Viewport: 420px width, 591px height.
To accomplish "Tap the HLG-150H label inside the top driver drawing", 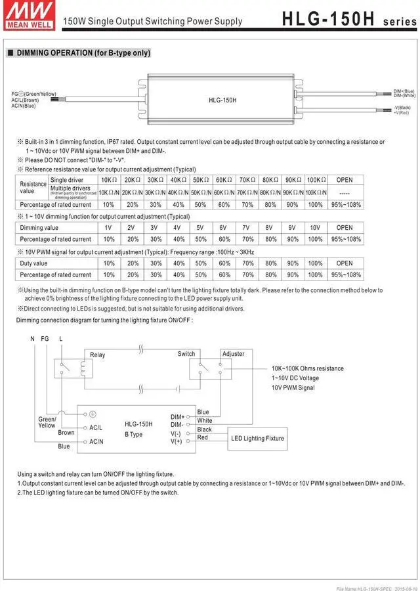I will pyautogui.click(x=222, y=100).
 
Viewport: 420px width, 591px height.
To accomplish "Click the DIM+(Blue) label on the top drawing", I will pyautogui.click(x=404, y=91).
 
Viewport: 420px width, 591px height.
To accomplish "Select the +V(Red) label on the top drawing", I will pyautogui.click(x=402, y=113).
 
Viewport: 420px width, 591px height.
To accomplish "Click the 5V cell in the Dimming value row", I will pyautogui.click(x=201, y=228).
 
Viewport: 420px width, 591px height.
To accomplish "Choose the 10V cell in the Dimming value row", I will pyautogui.click(x=315, y=228).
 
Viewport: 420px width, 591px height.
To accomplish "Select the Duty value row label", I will pyautogui.click(x=34, y=263).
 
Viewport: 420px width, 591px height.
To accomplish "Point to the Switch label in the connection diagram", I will pyautogui.click(x=186, y=354).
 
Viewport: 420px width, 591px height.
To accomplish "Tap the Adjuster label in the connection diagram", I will pyautogui.click(x=234, y=354).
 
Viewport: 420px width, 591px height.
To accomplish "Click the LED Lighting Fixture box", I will pyautogui.click(x=257, y=438).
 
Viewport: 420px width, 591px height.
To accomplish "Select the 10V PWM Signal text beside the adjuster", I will pyautogui.click(x=293, y=388).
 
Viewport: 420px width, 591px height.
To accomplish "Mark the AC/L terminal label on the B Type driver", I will pyautogui.click(x=96, y=427).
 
